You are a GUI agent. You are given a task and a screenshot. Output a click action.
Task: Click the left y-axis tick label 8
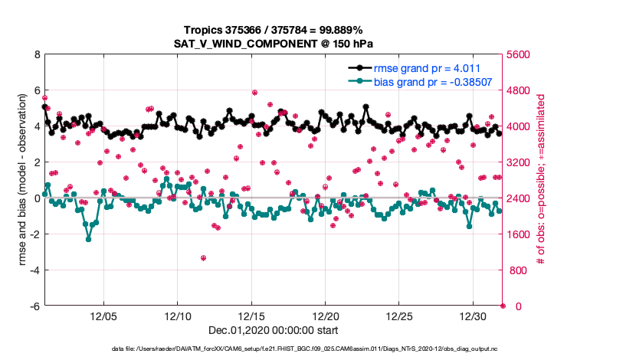click(x=36, y=55)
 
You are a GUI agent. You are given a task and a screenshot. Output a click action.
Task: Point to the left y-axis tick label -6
click(x=34, y=306)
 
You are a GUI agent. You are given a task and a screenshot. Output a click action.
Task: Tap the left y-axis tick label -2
click(x=34, y=234)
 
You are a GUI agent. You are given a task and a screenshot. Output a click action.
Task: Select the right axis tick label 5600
click(x=521, y=55)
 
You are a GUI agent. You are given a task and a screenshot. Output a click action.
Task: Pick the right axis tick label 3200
click(x=521, y=162)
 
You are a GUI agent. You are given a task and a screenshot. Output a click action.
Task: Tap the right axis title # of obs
click(x=541, y=181)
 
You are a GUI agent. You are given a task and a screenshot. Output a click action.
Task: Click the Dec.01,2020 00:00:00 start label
click(x=273, y=330)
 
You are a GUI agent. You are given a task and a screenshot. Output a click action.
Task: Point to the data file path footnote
click(x=273, y=349)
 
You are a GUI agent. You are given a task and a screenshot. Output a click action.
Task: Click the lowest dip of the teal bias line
click(x=89, y=239)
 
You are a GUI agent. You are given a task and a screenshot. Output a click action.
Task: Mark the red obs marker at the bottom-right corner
click(x=503, y=306)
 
